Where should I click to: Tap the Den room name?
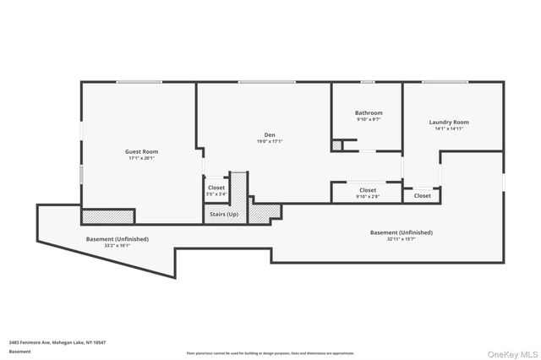point(270,135)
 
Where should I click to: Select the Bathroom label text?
point(369,113)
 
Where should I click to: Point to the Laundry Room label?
point(449,122)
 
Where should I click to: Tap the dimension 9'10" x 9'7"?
point(369,120)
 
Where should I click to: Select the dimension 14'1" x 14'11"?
point(449,128)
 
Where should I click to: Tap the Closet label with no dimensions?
point(422,195)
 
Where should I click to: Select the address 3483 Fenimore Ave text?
point(57,342)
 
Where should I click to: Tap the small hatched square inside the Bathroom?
point(337,146)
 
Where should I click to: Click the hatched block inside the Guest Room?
point(107,216)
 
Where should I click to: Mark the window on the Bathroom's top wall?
point(368,82)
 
